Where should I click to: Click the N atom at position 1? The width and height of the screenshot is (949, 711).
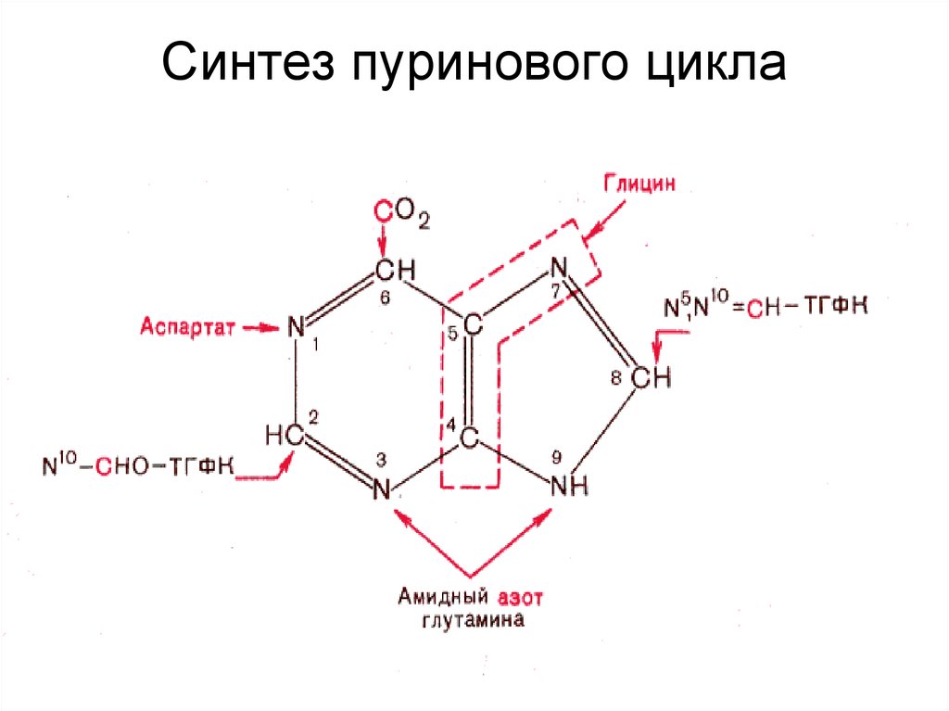coord(296,326)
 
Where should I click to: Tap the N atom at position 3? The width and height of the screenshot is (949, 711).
coord(381,489)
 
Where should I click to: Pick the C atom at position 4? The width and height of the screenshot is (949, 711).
coord(471,437)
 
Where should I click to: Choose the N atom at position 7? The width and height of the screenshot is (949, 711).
coord(558,268)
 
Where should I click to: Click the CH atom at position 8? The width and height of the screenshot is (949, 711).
coord(651,378)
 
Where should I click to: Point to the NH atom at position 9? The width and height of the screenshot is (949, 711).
coord(569,487)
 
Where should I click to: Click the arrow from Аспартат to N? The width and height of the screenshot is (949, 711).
coord(260,326)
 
